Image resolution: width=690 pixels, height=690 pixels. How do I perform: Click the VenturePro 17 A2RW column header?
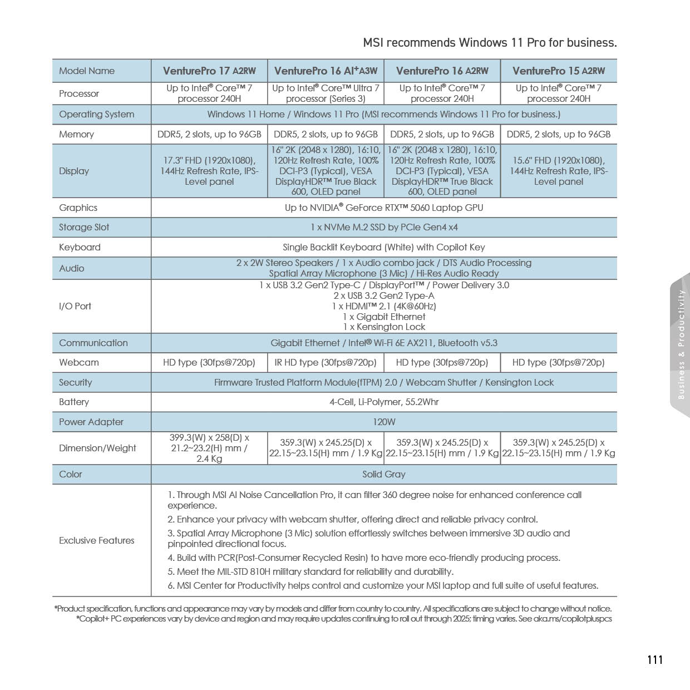[x=209, y=71]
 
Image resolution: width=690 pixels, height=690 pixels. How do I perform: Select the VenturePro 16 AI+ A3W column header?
[x=326, y=71]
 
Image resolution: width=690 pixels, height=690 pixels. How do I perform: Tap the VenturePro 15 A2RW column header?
[x=559, y=71]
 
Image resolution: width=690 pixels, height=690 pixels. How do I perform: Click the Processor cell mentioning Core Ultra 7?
[x=326, y=93]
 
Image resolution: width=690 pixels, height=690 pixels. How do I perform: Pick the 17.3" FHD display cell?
[x=209, y=171]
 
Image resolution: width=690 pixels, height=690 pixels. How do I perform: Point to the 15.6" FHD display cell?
[x=559, y=171]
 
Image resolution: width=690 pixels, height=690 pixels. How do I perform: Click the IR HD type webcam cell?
[x=326, y=362]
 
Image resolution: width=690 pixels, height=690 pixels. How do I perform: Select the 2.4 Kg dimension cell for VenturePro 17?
[x=209, y=448]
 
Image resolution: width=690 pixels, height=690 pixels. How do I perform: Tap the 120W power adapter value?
[x=384, y=422]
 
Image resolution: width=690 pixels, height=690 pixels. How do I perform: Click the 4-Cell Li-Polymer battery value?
[x=384, y=402]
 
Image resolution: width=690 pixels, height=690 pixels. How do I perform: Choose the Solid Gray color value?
[x=384, y=474]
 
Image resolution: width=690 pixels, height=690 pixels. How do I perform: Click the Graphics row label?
[x=78, y=208]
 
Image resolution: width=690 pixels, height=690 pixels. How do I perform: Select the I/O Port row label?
[x=75, y=306]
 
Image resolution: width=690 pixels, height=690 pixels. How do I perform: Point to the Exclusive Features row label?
[x=97, y=540]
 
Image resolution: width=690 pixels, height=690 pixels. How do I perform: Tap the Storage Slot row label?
[x=84, y=227]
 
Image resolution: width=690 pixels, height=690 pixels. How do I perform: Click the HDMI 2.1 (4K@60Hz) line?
[x=384, y=306]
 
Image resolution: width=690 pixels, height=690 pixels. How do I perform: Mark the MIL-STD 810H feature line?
[x=315, y=571]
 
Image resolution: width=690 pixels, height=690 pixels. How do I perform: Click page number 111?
[x=655, y=659]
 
